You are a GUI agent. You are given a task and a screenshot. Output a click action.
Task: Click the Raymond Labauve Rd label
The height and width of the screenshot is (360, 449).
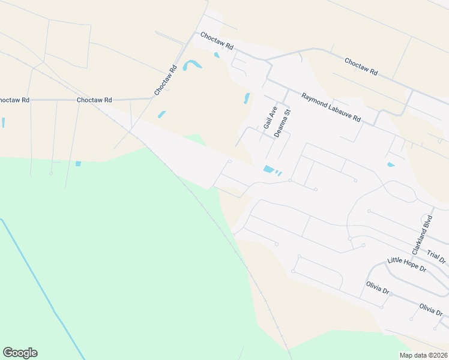point(331,108)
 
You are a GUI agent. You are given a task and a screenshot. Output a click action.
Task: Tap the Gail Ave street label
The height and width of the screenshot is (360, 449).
point(268,118)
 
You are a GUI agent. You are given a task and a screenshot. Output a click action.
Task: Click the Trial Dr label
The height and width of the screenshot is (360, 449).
point(436,256)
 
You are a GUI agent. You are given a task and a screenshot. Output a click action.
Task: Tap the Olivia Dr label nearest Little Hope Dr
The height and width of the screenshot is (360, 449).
point(378,287)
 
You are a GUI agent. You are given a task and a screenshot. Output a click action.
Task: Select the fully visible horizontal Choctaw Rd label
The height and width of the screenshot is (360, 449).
point(94,100)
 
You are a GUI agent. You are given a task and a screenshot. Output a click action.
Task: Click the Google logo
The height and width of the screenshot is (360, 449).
point(20,353)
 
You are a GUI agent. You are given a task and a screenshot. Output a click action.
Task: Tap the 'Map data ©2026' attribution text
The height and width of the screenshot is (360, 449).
point(423,355)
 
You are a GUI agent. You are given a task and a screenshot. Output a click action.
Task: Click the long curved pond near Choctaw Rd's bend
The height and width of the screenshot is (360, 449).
point(192,64)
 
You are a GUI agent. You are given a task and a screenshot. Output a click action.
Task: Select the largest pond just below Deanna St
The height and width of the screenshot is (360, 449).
point(269,169)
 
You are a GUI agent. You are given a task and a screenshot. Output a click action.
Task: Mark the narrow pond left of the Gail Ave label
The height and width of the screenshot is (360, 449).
point(246,98)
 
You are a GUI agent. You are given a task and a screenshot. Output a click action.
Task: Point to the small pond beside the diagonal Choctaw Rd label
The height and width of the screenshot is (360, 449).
point(161,115)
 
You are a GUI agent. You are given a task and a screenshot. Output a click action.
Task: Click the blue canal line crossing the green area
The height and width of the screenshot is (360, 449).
point(42,288)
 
